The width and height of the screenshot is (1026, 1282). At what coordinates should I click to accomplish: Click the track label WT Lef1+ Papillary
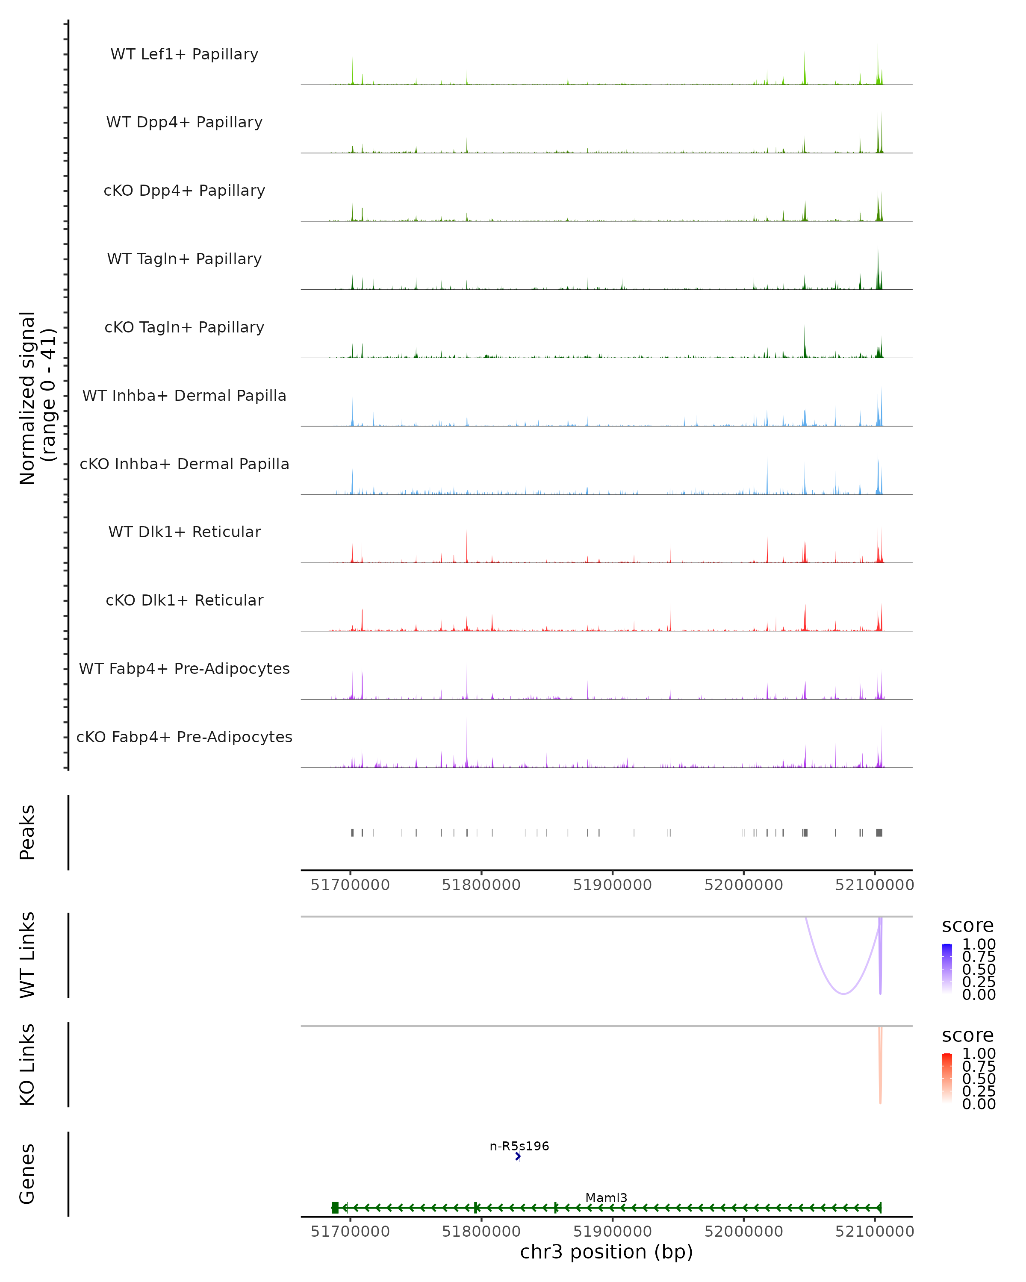(x=184, y=54)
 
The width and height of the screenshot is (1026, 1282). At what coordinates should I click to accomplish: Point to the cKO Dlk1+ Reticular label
(x=184, y=600)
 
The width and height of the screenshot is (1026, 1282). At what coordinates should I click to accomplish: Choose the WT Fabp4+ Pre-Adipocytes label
(x=184, y=668)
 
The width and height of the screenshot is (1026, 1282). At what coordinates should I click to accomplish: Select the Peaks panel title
(x=27, y=832)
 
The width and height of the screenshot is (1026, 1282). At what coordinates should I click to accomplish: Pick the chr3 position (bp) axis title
(x=606, y=1252)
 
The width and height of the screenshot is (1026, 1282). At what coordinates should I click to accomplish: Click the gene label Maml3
(x=606, y=1197)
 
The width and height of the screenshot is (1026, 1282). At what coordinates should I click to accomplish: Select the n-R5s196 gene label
(x=519, y=1146)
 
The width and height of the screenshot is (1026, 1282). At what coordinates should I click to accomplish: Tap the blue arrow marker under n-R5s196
(x=518, y=1156)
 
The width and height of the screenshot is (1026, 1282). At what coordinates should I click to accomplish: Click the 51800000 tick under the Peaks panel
(x=481, y=885)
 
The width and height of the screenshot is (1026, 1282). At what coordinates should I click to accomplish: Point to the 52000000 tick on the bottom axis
(x=743, y=1231)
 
